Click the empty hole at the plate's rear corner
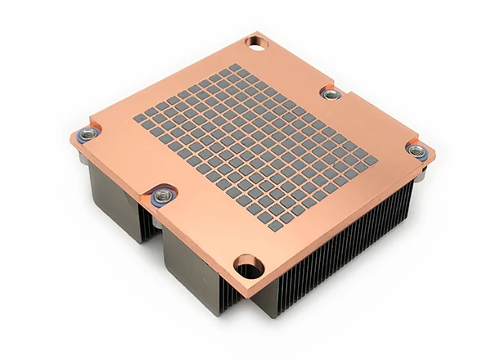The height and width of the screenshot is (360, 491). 255,39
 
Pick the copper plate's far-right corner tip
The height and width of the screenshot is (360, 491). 432,151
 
